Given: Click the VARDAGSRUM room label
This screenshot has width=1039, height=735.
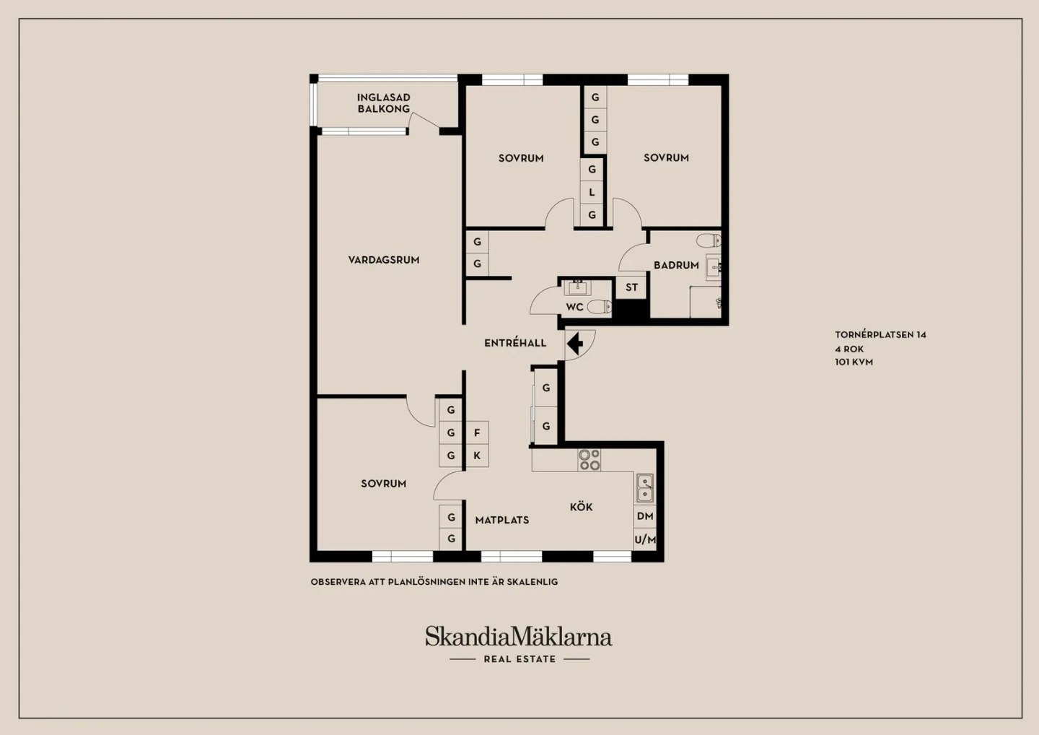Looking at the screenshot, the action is pyautogui.click(x=384, y=260).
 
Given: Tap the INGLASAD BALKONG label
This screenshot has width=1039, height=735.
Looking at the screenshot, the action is pyautogui.click(x=384, y=103).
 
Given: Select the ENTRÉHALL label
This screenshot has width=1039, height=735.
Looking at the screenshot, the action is pyautogui.click(x=515, y=343).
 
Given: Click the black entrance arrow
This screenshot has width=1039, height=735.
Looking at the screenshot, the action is pyautogui.click(x=575, y=344).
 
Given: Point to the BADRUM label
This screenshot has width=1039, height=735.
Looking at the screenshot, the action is pyautogui.click(x=676, y=265).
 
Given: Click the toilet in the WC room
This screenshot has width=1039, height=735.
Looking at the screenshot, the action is pyautogui.click(x=600, y=306).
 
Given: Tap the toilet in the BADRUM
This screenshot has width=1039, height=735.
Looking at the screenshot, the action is pyautogui.click(x=709, y=240).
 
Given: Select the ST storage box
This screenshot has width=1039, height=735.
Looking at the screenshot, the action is pyautogui.click(x=631, y=287).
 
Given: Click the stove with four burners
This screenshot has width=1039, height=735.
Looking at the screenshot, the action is pyautogui.click(x=589, y=460).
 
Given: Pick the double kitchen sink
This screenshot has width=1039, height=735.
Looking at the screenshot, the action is pyautogui.click(x=645, y=488).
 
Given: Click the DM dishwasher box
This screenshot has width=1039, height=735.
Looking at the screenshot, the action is pyautogui.click(x=645, y=516).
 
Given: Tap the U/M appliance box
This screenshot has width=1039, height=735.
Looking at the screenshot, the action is pyautogui.click(x=645, y=539).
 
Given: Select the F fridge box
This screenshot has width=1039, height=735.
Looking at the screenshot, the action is pyautogui.click(x=477, y=433).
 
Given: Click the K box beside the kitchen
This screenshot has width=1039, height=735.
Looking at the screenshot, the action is pyautogui.click(x=477, y=456).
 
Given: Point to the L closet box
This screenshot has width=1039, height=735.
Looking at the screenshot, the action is pyautogui.click(x=592, y=192).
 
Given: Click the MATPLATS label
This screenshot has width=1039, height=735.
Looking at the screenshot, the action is pyautogui.click(x=502, y=520).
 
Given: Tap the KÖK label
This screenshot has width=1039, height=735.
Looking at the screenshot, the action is pyautogui.click(x=582, y=507).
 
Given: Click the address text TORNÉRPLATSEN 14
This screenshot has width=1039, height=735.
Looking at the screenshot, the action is pyautogui.click(x=880, y=334).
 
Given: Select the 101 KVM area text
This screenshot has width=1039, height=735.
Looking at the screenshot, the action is pyautogui.click(x=854, y=362).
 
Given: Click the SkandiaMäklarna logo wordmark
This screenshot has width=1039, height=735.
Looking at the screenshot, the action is pyautogui.click(x=519, y=636).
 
